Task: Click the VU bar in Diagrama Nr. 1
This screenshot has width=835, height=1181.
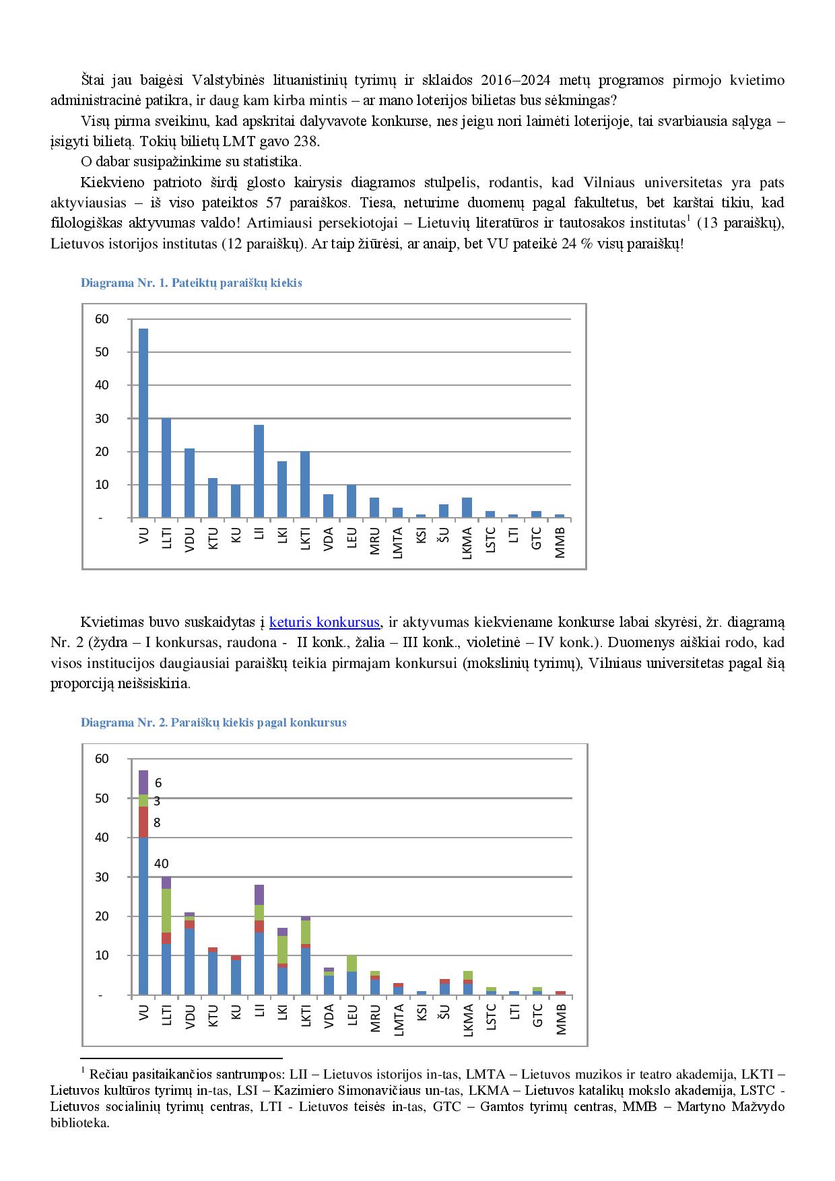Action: point(143,423)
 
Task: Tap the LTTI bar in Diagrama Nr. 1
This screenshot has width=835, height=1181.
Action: point(166,468)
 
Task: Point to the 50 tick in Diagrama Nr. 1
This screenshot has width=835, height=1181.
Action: point(102,352)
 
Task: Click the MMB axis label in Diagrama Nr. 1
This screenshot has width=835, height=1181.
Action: point(560,543)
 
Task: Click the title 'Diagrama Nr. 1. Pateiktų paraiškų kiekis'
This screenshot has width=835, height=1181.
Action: point(191,283)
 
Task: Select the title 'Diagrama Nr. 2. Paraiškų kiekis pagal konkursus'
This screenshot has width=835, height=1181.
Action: point(213,722)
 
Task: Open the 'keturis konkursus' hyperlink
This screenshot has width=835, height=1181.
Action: point(325,621)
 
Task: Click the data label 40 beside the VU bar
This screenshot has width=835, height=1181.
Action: point(161,863)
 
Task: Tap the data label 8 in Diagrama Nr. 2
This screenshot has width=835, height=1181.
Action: point(157,822)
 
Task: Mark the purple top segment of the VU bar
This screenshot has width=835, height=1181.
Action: point(143,782)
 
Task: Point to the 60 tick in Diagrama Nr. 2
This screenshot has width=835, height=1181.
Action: point(102,759)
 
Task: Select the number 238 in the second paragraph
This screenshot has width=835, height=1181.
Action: point(308,142)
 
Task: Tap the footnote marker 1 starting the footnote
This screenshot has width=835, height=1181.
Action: point(82,1069)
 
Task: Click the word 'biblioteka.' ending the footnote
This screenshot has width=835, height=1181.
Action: point(79,1123)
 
